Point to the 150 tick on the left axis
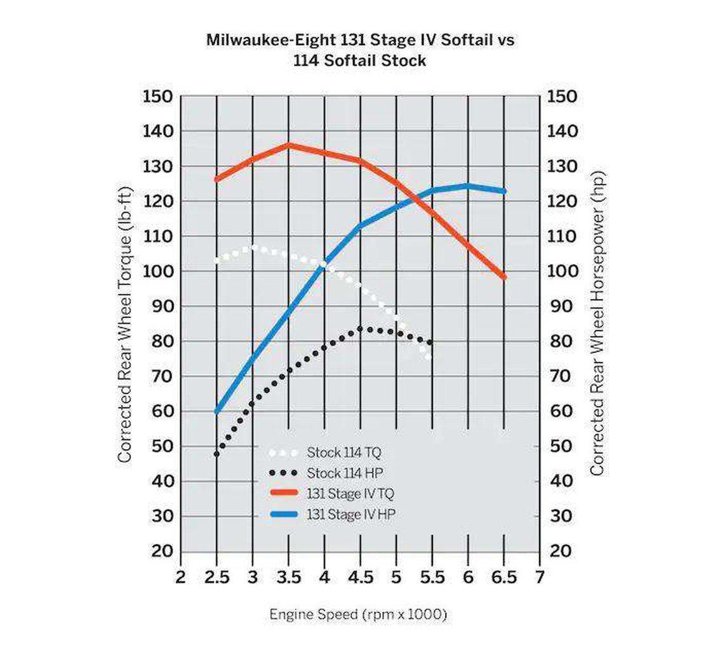[x=157, y=96]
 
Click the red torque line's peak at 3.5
[x=289, y=145]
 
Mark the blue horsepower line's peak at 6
[x=468, y=186]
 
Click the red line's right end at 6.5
[x=503, y=277]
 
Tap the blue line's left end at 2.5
[x=217, y=411]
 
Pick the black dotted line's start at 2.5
[x=217, y=454]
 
